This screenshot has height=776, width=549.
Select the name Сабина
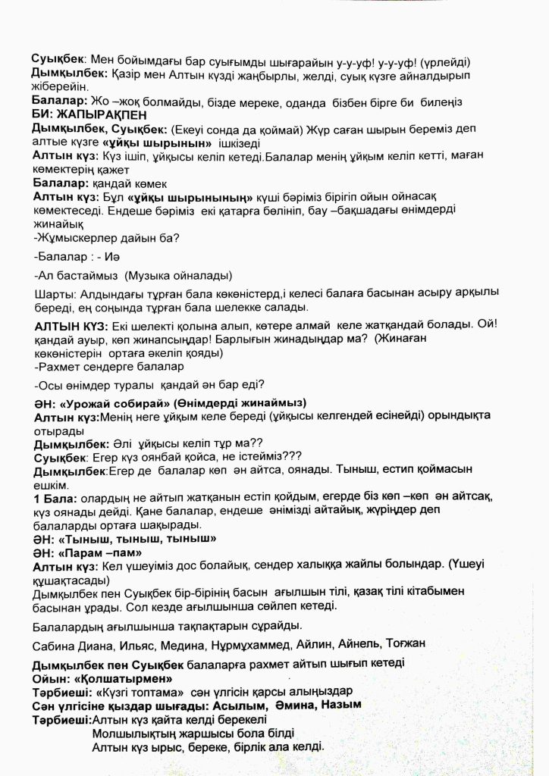click(55, 644)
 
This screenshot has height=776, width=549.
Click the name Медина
click(181, 644)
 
